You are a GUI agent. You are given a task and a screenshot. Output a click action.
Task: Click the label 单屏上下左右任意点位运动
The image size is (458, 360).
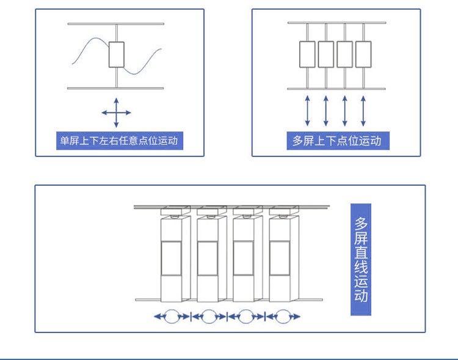coord(119,141)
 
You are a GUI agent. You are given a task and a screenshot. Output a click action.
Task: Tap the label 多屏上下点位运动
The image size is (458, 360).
coord(336,141)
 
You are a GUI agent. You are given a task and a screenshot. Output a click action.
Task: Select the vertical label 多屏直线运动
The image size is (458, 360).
coord(361,260)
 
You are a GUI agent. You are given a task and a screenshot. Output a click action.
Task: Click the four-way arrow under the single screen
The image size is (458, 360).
coord(116,112)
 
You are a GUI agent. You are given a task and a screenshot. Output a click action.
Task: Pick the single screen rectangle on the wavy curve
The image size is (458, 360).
coord(116,54)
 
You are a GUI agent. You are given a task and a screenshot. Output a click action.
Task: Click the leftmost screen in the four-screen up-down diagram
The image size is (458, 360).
coord(307,54)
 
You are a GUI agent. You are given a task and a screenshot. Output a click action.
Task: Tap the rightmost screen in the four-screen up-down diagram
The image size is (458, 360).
coord(363,54)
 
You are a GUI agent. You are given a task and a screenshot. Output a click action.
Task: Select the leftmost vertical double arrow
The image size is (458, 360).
coord(307,111)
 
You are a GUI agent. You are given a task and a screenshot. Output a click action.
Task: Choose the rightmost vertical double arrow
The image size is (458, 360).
coord(363,111)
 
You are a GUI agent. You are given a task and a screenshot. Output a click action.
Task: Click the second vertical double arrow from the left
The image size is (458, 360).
coord(326,111)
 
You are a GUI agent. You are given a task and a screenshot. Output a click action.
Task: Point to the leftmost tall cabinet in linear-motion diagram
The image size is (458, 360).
coord(173,260)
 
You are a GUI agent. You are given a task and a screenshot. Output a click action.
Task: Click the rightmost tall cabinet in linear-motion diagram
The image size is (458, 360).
coord(282,260)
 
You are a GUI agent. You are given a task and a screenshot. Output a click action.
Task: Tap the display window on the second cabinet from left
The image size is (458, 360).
coord(208,258)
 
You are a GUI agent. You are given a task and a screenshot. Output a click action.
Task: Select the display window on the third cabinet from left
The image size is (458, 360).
coord(244,258)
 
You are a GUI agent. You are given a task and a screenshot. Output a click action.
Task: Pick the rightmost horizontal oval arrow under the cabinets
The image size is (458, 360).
coord(282,317)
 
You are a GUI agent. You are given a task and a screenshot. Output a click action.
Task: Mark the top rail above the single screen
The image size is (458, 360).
coord(116,24)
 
